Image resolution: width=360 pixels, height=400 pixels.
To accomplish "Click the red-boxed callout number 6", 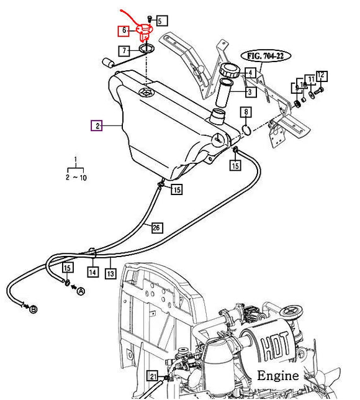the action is (x=124, y=31).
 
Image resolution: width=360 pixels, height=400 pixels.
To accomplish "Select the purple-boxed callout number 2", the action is (x=97, y=125).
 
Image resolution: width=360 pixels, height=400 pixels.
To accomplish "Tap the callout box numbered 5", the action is (x=161, y=20).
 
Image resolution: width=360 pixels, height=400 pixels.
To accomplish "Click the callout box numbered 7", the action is (x=124, y=51).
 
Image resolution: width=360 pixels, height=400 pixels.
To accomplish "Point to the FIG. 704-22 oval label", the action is (x=266, y=56).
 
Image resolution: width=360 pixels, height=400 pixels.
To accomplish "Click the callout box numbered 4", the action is (x=250, y=73).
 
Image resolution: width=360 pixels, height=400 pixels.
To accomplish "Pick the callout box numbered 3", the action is (x=250, y=91).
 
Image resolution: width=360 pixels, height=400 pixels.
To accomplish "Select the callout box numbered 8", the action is (x=246, y=112).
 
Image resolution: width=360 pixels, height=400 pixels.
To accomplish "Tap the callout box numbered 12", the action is (x=322, y=76).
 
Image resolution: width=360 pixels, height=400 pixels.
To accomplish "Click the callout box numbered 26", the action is (x=156, y=227).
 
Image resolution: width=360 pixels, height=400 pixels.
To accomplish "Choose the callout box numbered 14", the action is (x=92, y=272).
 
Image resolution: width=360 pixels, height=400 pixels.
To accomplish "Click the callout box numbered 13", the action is (x=110, y=273).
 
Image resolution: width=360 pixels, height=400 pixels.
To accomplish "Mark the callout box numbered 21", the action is (x=153, y=376).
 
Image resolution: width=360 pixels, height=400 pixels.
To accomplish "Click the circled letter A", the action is (x=81, y=291).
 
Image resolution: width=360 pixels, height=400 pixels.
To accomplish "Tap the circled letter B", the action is (x=33, y=309).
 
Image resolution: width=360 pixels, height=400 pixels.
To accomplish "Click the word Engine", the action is (x=278, y=375).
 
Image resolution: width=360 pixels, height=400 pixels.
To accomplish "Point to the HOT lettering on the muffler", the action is (x=275, y=346).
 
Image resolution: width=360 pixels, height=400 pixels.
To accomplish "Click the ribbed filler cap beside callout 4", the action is (x=229, y=70).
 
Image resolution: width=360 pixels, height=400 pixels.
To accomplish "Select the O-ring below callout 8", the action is (x=246, y=130).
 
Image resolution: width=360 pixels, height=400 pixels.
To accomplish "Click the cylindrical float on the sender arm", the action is (x=109, y=62).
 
